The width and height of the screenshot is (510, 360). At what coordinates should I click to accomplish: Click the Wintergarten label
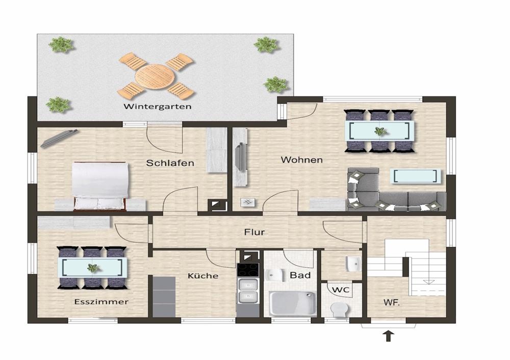(158, 107)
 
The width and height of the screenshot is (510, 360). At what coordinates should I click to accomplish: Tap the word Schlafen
(170, 163)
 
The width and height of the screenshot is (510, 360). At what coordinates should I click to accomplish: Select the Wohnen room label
(302, 160)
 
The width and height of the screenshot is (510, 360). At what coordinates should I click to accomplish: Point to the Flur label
(254, 232)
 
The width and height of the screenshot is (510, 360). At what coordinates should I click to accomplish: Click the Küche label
(203, 276)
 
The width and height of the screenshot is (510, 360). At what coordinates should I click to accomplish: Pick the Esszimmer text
(101, 302)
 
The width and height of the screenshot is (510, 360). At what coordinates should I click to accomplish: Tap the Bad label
(300, 275)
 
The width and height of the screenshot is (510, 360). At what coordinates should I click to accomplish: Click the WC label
(341, 290)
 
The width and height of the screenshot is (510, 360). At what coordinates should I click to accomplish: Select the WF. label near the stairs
(392, 302)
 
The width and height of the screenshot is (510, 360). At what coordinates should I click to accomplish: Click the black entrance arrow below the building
(388, 336)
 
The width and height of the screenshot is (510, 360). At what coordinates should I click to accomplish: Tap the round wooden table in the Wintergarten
(155, 77)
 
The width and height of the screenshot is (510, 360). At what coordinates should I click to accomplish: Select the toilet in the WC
(339, 310)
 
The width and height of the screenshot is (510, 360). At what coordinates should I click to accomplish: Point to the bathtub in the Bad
(292, 303)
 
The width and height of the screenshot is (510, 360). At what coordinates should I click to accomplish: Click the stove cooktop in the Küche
(248, 270)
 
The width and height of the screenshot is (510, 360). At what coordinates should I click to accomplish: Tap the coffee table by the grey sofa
(415, 176)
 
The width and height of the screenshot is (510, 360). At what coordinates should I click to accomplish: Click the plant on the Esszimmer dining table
(92, 268)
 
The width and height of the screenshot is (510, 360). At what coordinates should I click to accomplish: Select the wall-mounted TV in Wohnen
(240, 156)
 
